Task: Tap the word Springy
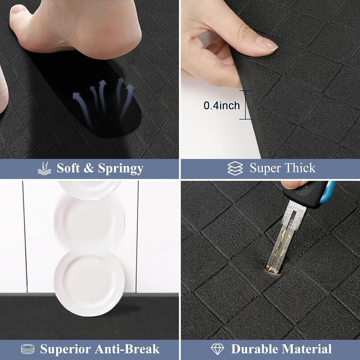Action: click(x=121, y=169)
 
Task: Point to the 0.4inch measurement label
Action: click(x=221, y=105)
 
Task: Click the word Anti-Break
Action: click(x=127, y=349)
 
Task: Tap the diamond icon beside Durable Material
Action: click(x=217, y=349)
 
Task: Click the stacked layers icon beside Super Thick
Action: click(x=235, y=168)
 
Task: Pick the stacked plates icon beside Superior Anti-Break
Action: click(x=28, y=349)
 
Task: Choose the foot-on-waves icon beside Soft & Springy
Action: click(x=44, y=168)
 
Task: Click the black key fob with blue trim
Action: click(x=309, y=194)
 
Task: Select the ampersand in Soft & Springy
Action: click(x=88, y=168)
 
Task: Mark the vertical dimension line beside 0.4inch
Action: click(x=246, y=105)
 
